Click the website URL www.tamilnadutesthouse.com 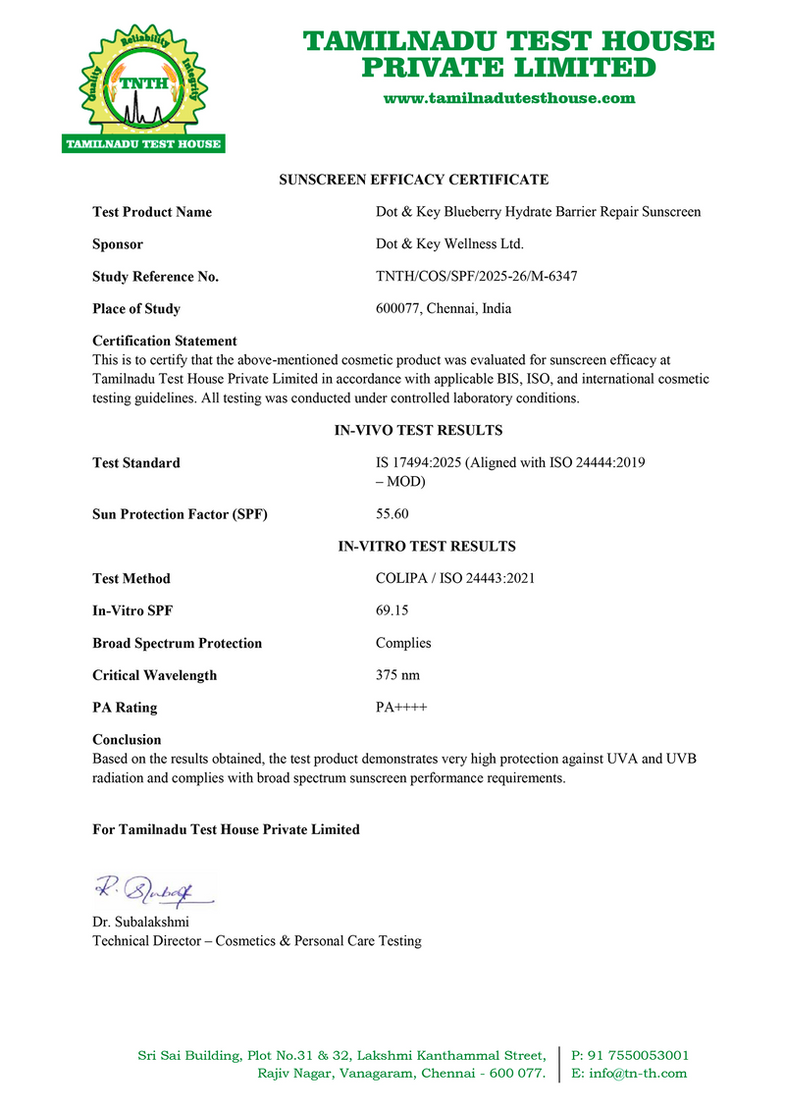[508, 98]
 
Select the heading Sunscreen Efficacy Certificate [414, 180]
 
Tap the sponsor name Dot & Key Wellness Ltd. [449, 244]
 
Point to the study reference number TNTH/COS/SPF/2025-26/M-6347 [476, 277]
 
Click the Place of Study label [136, 309]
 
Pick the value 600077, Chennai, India [444, 309]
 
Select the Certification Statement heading [165, 342]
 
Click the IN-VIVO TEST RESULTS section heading [419, 431]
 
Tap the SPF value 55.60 [392, 514]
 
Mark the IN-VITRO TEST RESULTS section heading [427, 547]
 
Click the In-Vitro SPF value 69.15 [392, 610]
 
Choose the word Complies [403, 644]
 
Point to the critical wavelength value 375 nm [400, 675]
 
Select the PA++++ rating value [401, 708]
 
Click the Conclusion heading [127, 740]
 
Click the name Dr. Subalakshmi [140, 923]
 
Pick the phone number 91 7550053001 [637, 1056]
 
